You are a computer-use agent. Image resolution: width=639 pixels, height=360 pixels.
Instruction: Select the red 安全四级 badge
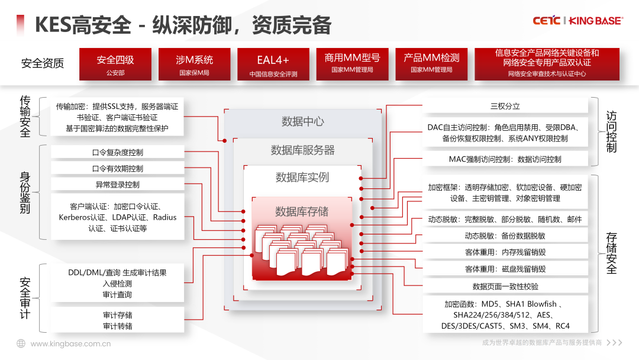point(115,65)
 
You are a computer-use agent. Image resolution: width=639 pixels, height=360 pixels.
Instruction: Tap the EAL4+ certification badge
point(273,65)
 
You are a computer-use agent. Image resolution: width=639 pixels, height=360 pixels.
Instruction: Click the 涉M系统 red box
point(194,65)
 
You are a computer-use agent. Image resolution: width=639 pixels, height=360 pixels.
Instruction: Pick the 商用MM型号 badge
point(352,64)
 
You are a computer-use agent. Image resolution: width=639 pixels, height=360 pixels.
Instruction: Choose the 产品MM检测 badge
point(431,64)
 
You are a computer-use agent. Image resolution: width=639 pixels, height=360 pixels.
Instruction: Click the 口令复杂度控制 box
point(118,152)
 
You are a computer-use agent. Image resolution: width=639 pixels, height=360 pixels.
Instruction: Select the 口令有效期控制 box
point(118,169)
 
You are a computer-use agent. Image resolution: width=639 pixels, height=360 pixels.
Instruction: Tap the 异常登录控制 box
point(118,185)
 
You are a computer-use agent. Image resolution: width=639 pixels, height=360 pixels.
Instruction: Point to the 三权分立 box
point(505,107)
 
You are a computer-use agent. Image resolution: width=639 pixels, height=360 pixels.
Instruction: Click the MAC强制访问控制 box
point(505,159)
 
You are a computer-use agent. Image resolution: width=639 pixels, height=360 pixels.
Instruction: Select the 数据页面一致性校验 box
point(505,287)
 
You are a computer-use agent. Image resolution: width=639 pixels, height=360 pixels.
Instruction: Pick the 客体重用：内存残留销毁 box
point(505,252)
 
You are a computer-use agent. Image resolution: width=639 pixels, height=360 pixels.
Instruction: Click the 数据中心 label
point(302,121)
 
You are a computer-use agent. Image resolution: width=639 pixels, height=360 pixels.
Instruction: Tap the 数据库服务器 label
point(302,150)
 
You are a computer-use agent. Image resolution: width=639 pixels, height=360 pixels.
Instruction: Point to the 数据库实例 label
point(302,177)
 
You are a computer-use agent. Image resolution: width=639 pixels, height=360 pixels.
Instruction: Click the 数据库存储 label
point(302,211)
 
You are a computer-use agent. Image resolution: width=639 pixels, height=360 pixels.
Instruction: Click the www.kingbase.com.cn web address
point(70,343)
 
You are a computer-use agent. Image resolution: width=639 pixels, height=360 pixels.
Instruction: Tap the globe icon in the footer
point(21,343)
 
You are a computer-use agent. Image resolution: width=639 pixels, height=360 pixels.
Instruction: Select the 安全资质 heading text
point(42,63)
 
